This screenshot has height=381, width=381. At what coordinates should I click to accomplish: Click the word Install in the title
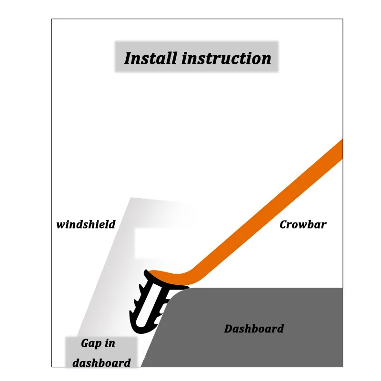pos(150,58)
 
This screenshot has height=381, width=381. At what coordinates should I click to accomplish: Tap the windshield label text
pos(86,224)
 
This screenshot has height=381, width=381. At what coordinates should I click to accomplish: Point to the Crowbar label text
pos(303,224)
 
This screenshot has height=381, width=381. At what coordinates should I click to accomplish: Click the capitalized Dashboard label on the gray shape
pos(254,329)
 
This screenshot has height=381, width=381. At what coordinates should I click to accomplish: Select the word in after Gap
pos(110,343)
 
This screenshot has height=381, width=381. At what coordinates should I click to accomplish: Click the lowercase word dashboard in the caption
pos(101,362)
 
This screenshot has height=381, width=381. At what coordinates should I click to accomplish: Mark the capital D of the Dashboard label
pos(229,329)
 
